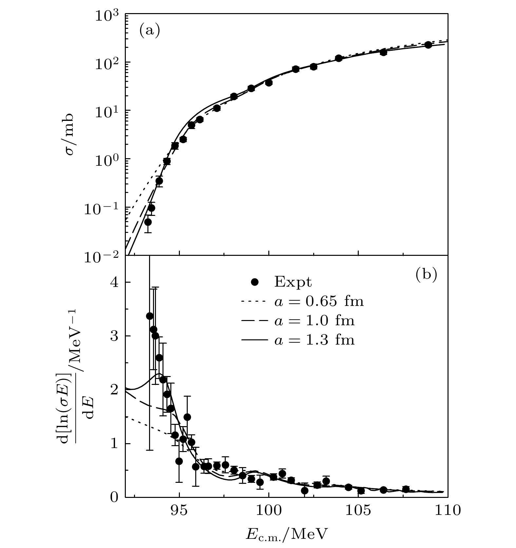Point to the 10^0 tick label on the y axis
(x=106, y=161)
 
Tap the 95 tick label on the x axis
(x=179, y=510)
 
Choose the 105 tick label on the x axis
(x=358, y=510)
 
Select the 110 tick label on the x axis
(x=448, y=510)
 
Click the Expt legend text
(x=293, y=282)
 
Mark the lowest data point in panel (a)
(x=148, y=222)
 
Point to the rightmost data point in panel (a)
(x=428, y=45)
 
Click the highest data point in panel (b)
(x=150, y=316)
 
